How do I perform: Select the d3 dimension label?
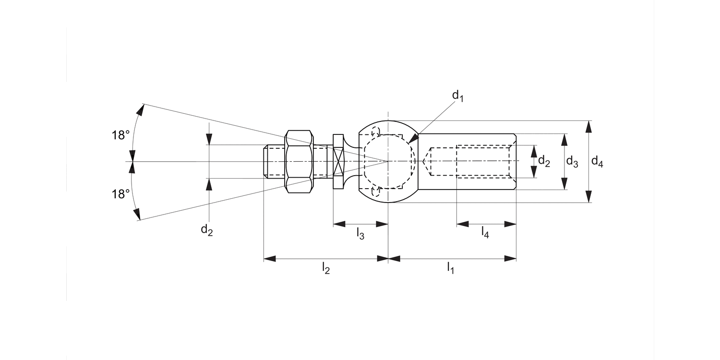(572, 162)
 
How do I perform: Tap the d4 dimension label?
(597, 162)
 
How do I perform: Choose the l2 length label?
(325, 268)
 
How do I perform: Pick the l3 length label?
(360, 234)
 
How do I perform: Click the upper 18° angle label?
(121, 135)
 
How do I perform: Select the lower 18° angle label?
(121, 194)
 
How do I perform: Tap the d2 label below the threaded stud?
(207, 230)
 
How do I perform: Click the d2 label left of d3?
(544, 161)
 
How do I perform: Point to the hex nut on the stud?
(300, 161)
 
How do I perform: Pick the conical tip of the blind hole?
(426, 162)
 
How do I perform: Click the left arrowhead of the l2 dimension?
(269, 259)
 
